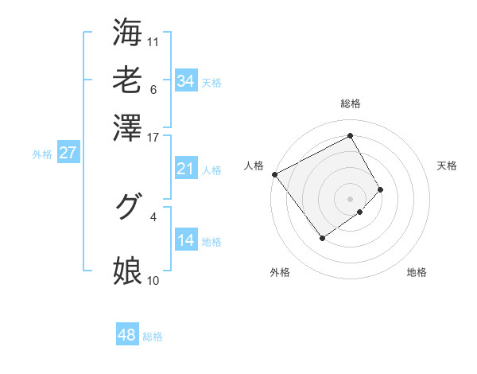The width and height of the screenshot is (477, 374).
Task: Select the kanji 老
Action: (127, 80)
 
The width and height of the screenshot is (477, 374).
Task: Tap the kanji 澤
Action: (127, 127)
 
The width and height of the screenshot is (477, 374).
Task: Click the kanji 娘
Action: (127, 271)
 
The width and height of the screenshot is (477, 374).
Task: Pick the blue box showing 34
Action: (185, 81)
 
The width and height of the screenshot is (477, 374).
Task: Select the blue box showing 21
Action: (185, 169)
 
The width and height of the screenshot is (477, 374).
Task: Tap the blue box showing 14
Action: (185, 241)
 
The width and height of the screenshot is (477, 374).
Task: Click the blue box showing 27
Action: (68, 154)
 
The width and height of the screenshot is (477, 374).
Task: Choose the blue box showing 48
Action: (126, 335)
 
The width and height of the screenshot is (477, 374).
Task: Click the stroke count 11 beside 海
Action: (153, 41)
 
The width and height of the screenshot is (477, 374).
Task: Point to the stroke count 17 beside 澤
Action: (153, 137)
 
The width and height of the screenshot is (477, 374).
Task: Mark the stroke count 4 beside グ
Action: (153, 216)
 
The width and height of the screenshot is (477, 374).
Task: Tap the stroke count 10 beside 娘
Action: (153, 280)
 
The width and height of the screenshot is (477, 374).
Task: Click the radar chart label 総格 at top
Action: (350, 104)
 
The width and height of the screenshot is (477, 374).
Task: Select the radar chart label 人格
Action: (254, 166)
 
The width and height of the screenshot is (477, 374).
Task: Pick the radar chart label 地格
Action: (417, 272)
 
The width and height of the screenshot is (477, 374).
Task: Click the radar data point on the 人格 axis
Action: (274, 174)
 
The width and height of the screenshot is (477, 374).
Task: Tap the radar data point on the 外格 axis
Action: (322, 238)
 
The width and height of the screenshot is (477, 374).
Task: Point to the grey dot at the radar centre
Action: (350, 198)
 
